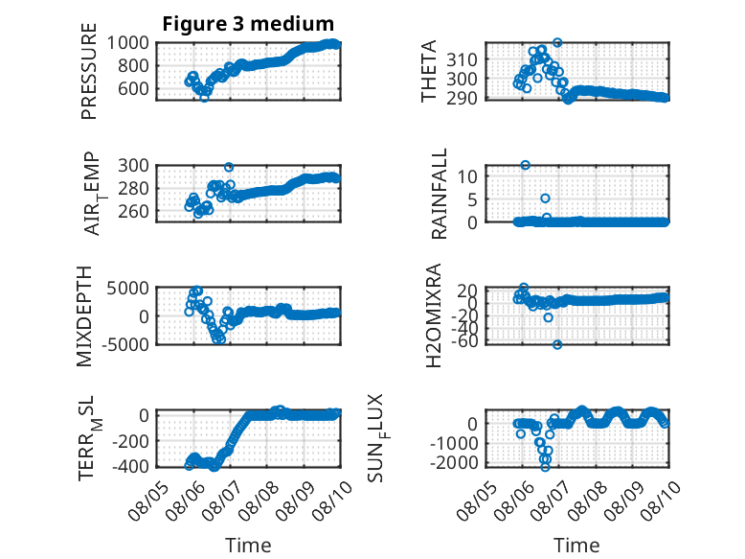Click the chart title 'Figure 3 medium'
pos(248,23)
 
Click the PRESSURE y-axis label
pos(89,71)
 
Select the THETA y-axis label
pos(429,71)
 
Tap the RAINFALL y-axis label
pos(439,194)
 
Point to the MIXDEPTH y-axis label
pos(84,316)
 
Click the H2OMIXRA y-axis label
pos(434,315)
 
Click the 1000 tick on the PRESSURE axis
pos(127,43)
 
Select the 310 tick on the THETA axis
pos(462,60)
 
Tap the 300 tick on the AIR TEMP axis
pos(133,166)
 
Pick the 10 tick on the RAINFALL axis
pos(467,176)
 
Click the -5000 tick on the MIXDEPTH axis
pos(125,344)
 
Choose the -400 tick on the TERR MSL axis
pos(130,466)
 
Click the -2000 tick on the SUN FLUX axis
pos(454,462)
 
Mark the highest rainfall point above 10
pos(525,165)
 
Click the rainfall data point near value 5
pos(546,198)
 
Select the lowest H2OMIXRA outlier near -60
pos(557,344)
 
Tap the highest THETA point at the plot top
pos(558,42)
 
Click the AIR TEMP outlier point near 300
pos(229,167)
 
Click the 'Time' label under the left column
pos(248,545)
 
